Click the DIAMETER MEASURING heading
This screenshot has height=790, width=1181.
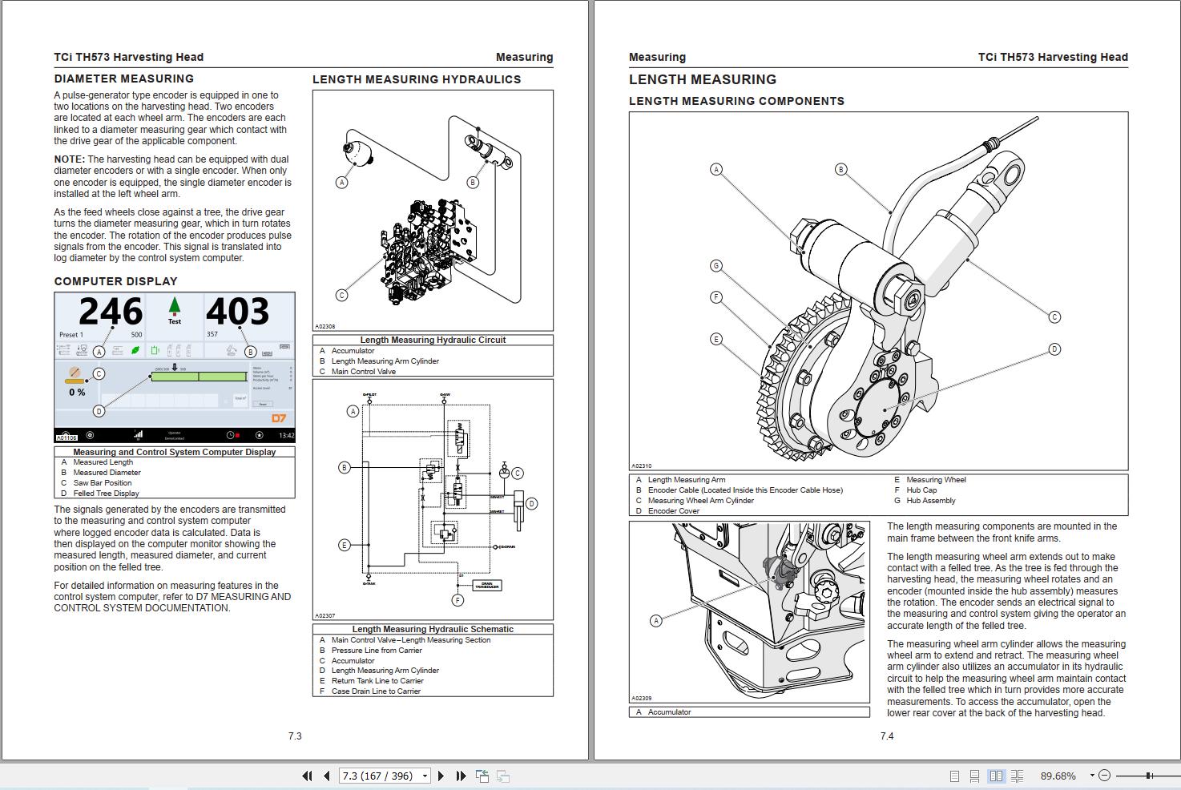click(123, 79)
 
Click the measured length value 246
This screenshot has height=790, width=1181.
click(111, 312)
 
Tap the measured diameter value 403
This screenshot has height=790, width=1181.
click(237, 312)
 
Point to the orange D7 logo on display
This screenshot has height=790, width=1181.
click(278, 418)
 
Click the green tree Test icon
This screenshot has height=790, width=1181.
click(174, 309)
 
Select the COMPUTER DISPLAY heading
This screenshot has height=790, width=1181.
click(115, 281)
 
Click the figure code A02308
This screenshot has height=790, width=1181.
click(325, 327)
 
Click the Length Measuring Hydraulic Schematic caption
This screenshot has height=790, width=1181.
click(433, 629)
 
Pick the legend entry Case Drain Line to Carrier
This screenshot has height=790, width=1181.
click(376, 691)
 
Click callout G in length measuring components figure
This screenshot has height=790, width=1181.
click(716, 266)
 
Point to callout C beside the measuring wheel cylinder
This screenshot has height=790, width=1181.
click(1054, 317)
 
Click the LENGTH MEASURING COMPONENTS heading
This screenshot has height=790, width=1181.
click(736, 101)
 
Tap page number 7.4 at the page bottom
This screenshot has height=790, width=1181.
click(886, 736)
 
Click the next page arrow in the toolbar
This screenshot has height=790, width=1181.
click(441, 776)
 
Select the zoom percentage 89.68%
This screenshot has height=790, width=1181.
click(1058, 776)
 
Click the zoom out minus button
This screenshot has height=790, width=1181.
click(1104, 776)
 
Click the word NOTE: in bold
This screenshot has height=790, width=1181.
click(70, 159)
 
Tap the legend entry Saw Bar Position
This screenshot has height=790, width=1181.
click(102, 483)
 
